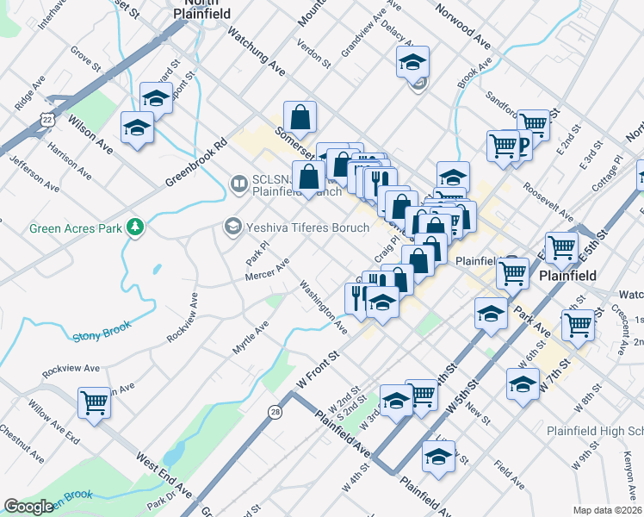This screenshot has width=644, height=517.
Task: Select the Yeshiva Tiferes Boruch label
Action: [x=308, y=227]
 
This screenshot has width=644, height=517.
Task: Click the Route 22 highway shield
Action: [x=48, y=118]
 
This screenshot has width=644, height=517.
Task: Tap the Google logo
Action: [x=28, y=507]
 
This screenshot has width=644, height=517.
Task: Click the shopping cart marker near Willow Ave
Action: [x=94, y=401]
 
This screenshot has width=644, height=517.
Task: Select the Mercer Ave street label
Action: [x=267, y=270]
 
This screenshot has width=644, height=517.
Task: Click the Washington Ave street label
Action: [x=324, y=307]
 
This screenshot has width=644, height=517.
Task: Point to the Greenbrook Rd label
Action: [x=195, y=162]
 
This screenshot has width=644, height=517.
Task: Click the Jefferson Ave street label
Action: [x=34, y=172]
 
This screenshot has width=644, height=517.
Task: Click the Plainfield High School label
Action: [x=595, y=430]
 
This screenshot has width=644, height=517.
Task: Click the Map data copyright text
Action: [x=608, y=509]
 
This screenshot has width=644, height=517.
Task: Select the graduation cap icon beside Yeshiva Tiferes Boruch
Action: [x=232, y=227]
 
